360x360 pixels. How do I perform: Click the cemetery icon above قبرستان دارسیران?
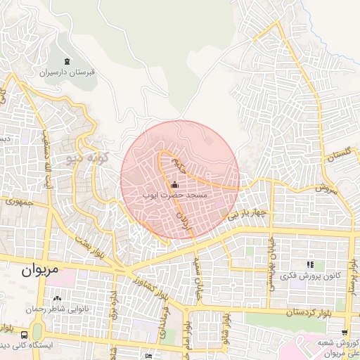[67, 62]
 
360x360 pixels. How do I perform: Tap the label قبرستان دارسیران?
[67, 72]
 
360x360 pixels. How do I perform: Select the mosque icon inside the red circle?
[175, 184]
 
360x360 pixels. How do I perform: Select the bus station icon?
[25, 335]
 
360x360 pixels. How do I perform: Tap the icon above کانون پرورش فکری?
[309, 264]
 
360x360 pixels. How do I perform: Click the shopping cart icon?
[344, 333]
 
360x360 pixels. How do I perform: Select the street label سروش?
[326, 188]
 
